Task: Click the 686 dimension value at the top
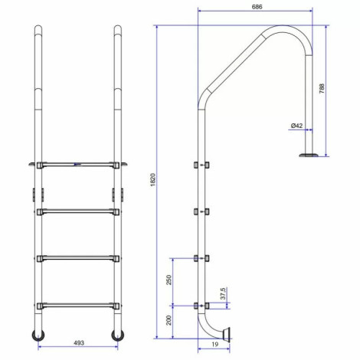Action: click(x=257, y=7)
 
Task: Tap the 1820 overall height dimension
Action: click(x=152, y=180)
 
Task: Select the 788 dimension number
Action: click(x=322, y=88)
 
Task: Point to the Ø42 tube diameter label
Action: click(x=296, y=126)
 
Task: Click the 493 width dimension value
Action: click(x=79, y=343)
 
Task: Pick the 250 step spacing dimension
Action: click(x=169, y=280)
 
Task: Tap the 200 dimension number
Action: click(x=169, y=320)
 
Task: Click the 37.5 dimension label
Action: click(x=223, y=293)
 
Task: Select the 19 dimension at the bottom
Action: click(x=215, y=344)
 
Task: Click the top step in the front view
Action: click(x=78, y=165)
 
